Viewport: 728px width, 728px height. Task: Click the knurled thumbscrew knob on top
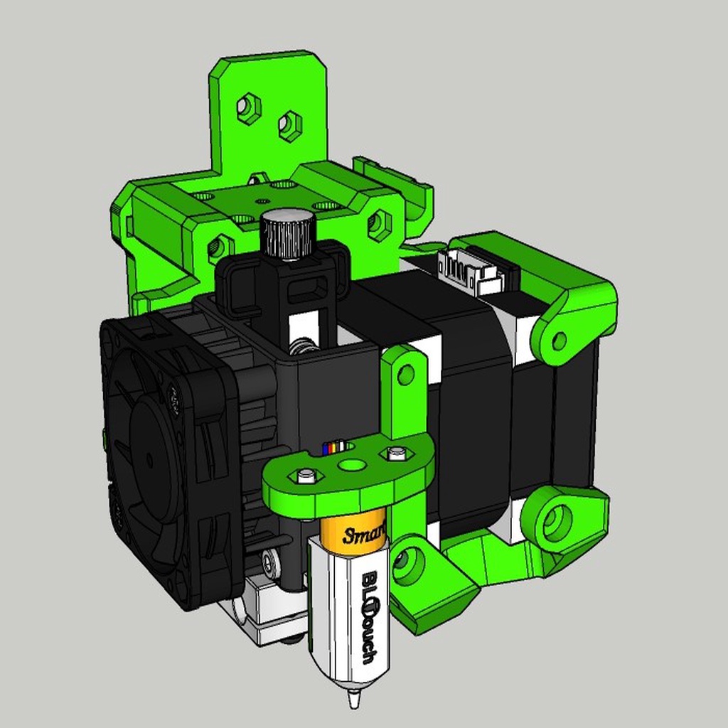[287, 234]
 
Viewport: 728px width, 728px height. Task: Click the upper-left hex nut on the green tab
[247, 109]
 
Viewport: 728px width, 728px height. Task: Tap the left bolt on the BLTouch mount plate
[306, 475]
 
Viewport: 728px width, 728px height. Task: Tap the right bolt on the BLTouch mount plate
[396, 452]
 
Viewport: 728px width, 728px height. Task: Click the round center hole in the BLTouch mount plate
[350, 465]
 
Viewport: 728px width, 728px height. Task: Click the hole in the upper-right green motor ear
[559, 341]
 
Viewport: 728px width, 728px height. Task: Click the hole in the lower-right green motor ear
[556, 523]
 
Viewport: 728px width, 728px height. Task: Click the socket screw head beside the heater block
[269, 563]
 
